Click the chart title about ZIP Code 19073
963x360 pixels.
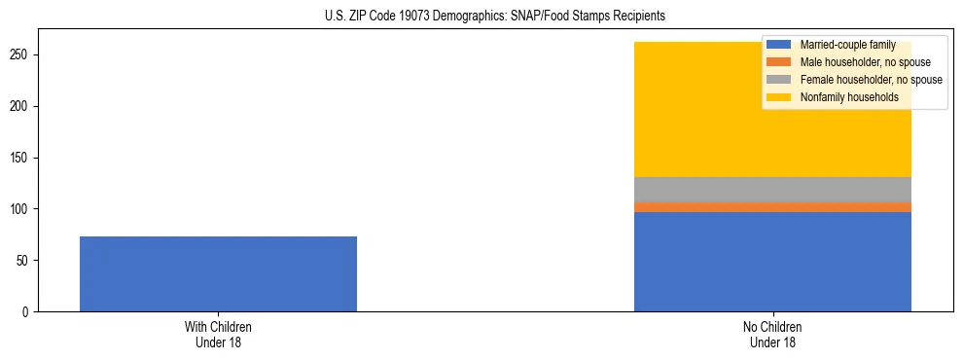pyautogui.click(x=495, y=17)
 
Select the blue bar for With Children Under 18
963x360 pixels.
pyautogui.click(x=218, y=273)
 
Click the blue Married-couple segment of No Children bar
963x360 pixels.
pyautogui.click(x=772, y=261)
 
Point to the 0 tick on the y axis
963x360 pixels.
pyautogui.click(x=27, y=312)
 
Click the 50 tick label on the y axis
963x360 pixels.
pyautogui.click(x=24, y=261)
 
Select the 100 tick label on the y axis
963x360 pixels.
pyautogui.click(x=21, y=209)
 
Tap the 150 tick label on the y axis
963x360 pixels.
pyautogui.click(x=21, y=158)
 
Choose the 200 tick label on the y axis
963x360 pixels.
pyautogui.click(x=21, y=106)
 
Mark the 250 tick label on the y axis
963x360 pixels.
pyautogui.click(x=21, y=54)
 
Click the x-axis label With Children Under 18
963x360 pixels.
pyautogui.click(x=218, y=335)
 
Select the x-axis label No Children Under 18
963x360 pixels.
pyautogui.click(x=772, y=335)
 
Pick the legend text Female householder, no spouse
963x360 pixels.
pyautogui.click(x=871, y=80)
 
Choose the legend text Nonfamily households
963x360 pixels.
pyautogui.click(x=848, y=97)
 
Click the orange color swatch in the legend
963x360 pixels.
pyautogui.click(x=779, y=62)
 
